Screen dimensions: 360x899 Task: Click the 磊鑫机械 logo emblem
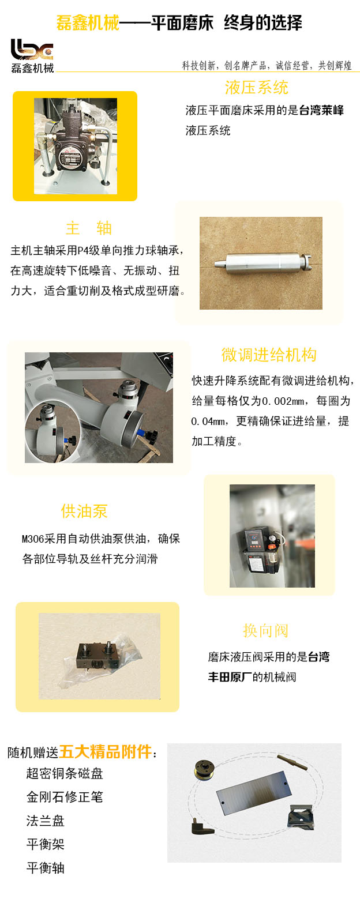(32, 50)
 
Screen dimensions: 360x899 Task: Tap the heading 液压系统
(257, 88)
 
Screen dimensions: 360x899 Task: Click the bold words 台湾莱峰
(321, 110)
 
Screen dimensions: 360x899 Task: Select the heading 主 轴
(89, 228)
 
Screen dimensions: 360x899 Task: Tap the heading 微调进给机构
(269, 355)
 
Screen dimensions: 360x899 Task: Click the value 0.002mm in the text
(283, 401)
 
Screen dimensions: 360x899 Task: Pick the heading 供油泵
(84, 511)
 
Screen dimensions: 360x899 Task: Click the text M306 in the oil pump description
(33, 539)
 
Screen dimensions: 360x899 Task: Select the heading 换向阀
(266, 630)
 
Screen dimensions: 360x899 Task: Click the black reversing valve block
(97, 656)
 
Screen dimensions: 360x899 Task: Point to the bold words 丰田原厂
(230, 677)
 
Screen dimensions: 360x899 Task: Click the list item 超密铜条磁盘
(65, 773)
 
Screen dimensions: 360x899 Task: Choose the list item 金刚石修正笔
(65, 797)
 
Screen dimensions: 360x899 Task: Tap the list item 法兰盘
(46, 821)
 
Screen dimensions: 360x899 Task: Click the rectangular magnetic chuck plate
(254, 793)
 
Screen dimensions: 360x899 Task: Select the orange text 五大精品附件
(106, 752)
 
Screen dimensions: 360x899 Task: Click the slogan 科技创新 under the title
(198, 65)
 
